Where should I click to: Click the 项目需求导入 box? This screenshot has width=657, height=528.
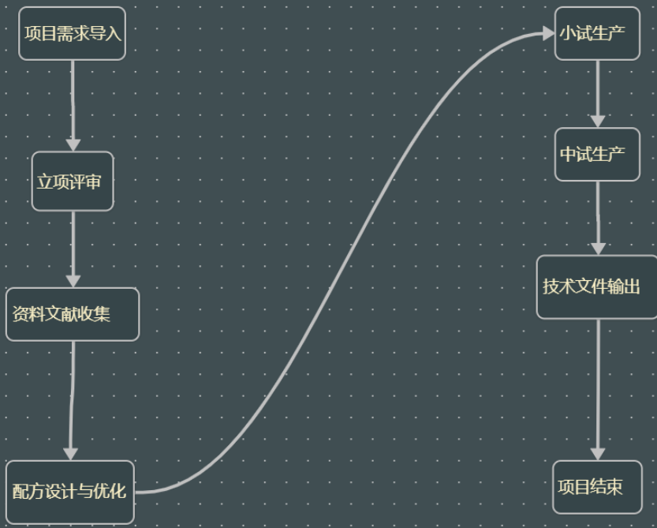pos(72,33)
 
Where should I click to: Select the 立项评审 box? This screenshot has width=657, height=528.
pos(73,182)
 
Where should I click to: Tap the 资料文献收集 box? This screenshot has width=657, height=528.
pos(72,314)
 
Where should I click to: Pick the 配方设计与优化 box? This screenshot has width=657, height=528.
pos(69,492)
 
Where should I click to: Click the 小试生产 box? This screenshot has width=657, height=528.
pos(597,33)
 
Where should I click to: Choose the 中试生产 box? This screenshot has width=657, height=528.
pos(597,154)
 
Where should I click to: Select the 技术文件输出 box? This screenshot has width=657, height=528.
pos(597,286)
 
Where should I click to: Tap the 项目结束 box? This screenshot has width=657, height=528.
pos(597,487)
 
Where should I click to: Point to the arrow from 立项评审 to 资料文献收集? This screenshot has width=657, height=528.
pos(73,245)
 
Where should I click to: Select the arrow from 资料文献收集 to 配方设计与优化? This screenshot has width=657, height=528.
pos(72,395)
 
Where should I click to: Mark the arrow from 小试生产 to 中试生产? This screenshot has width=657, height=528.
pos(598,91)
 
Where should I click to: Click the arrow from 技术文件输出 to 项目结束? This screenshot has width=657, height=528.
pos(598,387)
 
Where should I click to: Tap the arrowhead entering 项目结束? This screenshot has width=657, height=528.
pos(598,454)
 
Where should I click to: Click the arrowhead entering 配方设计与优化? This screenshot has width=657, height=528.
pos(71,454)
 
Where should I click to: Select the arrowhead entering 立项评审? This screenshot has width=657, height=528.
pos(73,145)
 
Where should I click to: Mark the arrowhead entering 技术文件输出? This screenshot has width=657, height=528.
pos(598,248)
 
